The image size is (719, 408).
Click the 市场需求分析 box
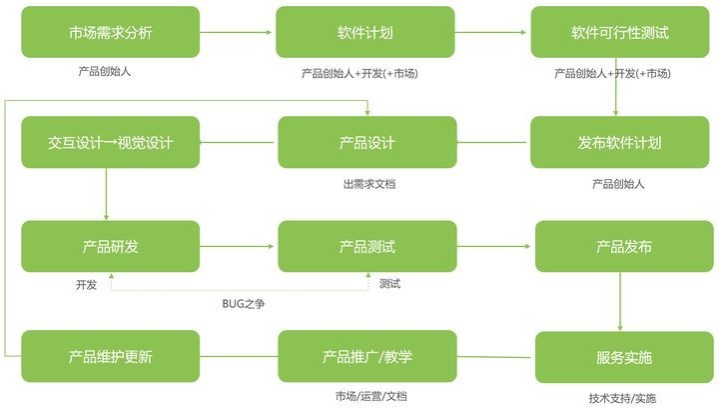111,32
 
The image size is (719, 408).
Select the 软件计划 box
365,32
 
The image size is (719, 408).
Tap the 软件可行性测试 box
620,32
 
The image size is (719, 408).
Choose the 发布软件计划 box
619,142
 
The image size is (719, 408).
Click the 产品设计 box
367,142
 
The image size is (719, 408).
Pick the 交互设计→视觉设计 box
111,142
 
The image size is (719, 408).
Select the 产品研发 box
111,246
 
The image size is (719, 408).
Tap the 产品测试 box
367,246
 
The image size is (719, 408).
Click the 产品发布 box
624,246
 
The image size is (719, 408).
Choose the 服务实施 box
624,357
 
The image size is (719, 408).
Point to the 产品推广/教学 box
367,356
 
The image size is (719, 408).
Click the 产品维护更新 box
111,356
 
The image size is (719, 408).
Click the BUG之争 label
243,304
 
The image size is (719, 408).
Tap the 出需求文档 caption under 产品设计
369,184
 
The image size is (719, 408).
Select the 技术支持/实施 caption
622,398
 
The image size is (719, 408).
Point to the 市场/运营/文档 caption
370,396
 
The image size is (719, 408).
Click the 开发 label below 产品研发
86,285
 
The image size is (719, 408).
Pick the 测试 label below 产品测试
389,284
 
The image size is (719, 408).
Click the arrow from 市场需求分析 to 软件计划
236,32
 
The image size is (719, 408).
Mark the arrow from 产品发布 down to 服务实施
620,302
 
